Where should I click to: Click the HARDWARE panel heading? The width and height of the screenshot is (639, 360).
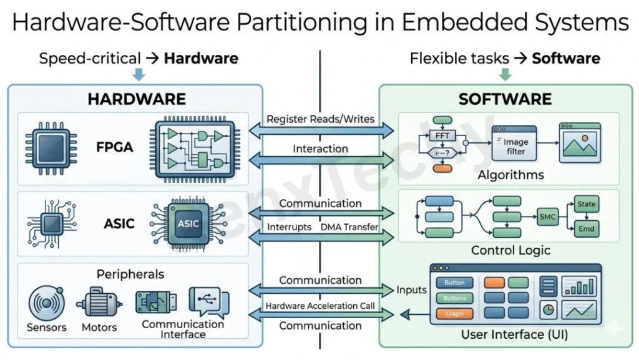[x=136, y=99]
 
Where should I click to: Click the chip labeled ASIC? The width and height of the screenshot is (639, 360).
[x=188, y=223]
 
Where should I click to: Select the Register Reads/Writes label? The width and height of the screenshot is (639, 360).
[x=320, y=119]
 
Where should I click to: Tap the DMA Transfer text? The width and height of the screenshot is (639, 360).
[x=349, y=227]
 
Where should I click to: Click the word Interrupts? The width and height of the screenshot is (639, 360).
[x=289, y=227]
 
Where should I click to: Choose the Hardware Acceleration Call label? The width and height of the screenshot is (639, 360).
[x=320, y=306]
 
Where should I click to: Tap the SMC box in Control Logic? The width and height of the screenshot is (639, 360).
[x=547, y=216]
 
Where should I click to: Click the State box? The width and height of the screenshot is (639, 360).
[x=587, y=204]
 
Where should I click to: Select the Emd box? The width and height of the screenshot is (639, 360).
[x=587, y=229]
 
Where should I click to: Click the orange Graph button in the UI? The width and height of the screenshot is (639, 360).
[x=454, y=314]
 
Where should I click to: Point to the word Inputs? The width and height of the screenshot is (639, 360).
[x=411, y=289]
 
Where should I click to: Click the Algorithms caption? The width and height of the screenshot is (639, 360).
[x=510, y=175]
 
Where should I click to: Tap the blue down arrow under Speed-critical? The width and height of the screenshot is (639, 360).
[x=139, y=75]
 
